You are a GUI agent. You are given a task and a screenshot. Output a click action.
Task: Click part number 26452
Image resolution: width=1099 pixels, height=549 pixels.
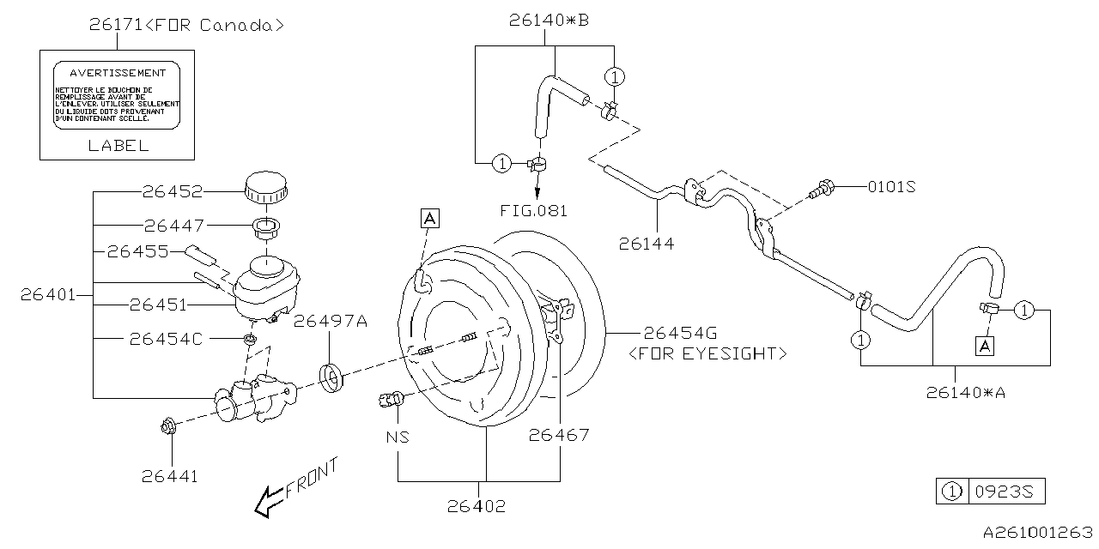point(173,191)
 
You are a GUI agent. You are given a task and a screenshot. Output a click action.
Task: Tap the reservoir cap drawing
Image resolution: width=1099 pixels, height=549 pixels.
point(266,187)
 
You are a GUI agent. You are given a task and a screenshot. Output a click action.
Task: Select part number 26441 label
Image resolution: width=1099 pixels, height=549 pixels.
point(170,475)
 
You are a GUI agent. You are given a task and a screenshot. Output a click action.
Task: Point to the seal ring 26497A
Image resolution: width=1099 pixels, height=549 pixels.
point(331,376)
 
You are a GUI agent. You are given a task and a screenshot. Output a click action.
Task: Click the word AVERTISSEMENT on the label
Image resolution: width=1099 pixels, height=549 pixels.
point(117,74)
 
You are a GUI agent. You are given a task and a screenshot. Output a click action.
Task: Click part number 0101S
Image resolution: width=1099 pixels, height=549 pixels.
point(891,186)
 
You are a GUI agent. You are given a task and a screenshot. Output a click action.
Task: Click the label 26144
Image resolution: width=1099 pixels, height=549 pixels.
point(646,244)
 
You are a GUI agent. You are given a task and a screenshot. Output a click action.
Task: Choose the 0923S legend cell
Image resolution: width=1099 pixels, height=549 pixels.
point(1006,492)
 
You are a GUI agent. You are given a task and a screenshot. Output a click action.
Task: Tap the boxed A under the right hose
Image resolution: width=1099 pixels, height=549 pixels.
point(985,346)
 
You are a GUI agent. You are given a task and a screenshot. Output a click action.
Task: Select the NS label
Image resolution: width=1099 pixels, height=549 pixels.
point(397,437)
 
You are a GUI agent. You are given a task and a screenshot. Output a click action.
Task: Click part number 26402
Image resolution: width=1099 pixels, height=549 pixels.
point(477,506)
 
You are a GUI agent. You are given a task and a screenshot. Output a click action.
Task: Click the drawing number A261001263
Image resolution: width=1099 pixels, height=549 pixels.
point(1036,534)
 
